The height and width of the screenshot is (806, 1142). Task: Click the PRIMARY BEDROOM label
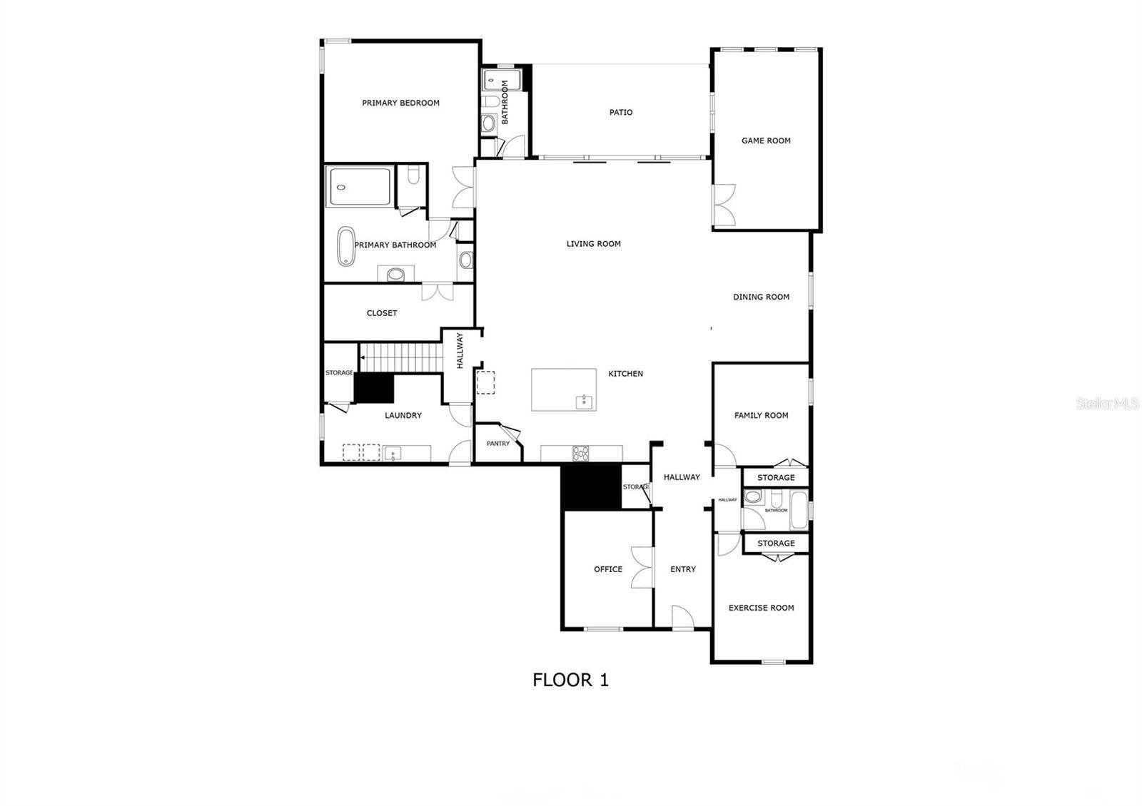pos(400,103)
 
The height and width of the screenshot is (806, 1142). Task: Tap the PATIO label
pos(620,112)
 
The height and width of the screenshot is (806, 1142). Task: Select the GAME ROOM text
pos(766,141)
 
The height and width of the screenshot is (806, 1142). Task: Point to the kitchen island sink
pos(585,402)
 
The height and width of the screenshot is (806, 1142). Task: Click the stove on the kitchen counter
pos(581,453)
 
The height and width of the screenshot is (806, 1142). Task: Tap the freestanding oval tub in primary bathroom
pos(346,247)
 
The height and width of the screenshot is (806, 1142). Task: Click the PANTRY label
pos(498,444)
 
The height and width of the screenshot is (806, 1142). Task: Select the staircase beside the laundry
pos(399,357)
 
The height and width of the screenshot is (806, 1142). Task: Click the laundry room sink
pos(392,452)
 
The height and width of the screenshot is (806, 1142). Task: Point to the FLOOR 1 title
pos(570,680)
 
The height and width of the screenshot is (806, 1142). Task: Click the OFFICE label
pos(608,569)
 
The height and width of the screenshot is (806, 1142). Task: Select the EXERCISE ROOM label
pos(761,608)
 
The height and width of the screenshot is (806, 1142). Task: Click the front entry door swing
pos(682,617)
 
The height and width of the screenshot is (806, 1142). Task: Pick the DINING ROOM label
pos(761,297)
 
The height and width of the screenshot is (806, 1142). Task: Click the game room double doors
pos(724,206)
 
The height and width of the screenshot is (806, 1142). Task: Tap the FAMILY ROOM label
pos(761,415)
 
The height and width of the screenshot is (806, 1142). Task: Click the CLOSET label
pos(382,313)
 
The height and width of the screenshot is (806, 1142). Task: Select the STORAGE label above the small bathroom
pos(776,478)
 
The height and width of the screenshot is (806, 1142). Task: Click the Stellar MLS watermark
pos(1108,404)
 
